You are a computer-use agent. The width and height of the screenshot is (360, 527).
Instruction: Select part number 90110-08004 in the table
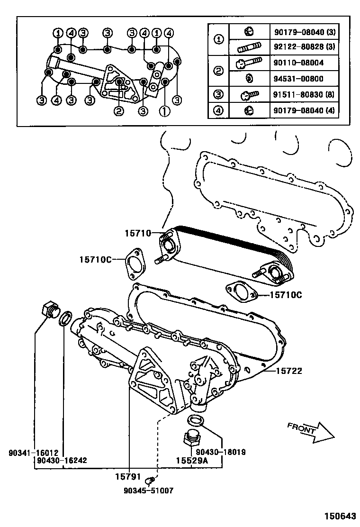299,63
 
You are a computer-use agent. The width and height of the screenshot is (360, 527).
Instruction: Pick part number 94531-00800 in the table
299,79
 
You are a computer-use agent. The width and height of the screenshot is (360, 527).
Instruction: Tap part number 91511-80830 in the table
304,94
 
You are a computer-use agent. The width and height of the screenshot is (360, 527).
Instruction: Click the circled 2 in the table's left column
219,71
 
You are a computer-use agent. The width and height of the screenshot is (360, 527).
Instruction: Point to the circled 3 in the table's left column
219,94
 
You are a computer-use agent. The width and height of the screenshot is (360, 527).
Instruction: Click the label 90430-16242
63,460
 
